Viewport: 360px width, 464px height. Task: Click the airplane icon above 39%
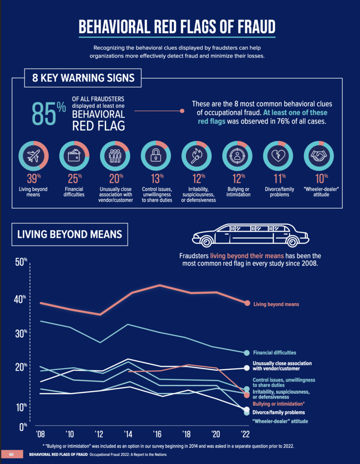34,156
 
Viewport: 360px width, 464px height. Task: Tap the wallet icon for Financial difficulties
74,155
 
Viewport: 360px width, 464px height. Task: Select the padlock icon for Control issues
156,155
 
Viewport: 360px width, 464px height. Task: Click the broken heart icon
278,156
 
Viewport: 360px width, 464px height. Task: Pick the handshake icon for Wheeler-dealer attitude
319,155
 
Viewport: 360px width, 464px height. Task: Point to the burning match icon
197,156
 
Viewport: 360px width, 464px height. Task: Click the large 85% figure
49,114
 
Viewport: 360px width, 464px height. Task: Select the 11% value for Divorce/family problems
279,179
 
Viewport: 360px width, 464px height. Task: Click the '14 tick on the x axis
128,434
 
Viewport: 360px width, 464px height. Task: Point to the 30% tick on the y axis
21,333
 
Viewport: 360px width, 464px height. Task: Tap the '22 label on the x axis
245,434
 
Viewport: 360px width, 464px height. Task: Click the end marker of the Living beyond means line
247,303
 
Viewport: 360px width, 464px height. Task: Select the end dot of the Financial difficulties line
247,353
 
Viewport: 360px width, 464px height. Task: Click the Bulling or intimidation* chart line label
278,404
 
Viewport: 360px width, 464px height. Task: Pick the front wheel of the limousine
206,242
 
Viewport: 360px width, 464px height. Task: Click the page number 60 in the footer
11,454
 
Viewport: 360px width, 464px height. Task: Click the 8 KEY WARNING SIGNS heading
83,78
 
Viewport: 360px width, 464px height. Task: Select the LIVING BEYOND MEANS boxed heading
69,234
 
